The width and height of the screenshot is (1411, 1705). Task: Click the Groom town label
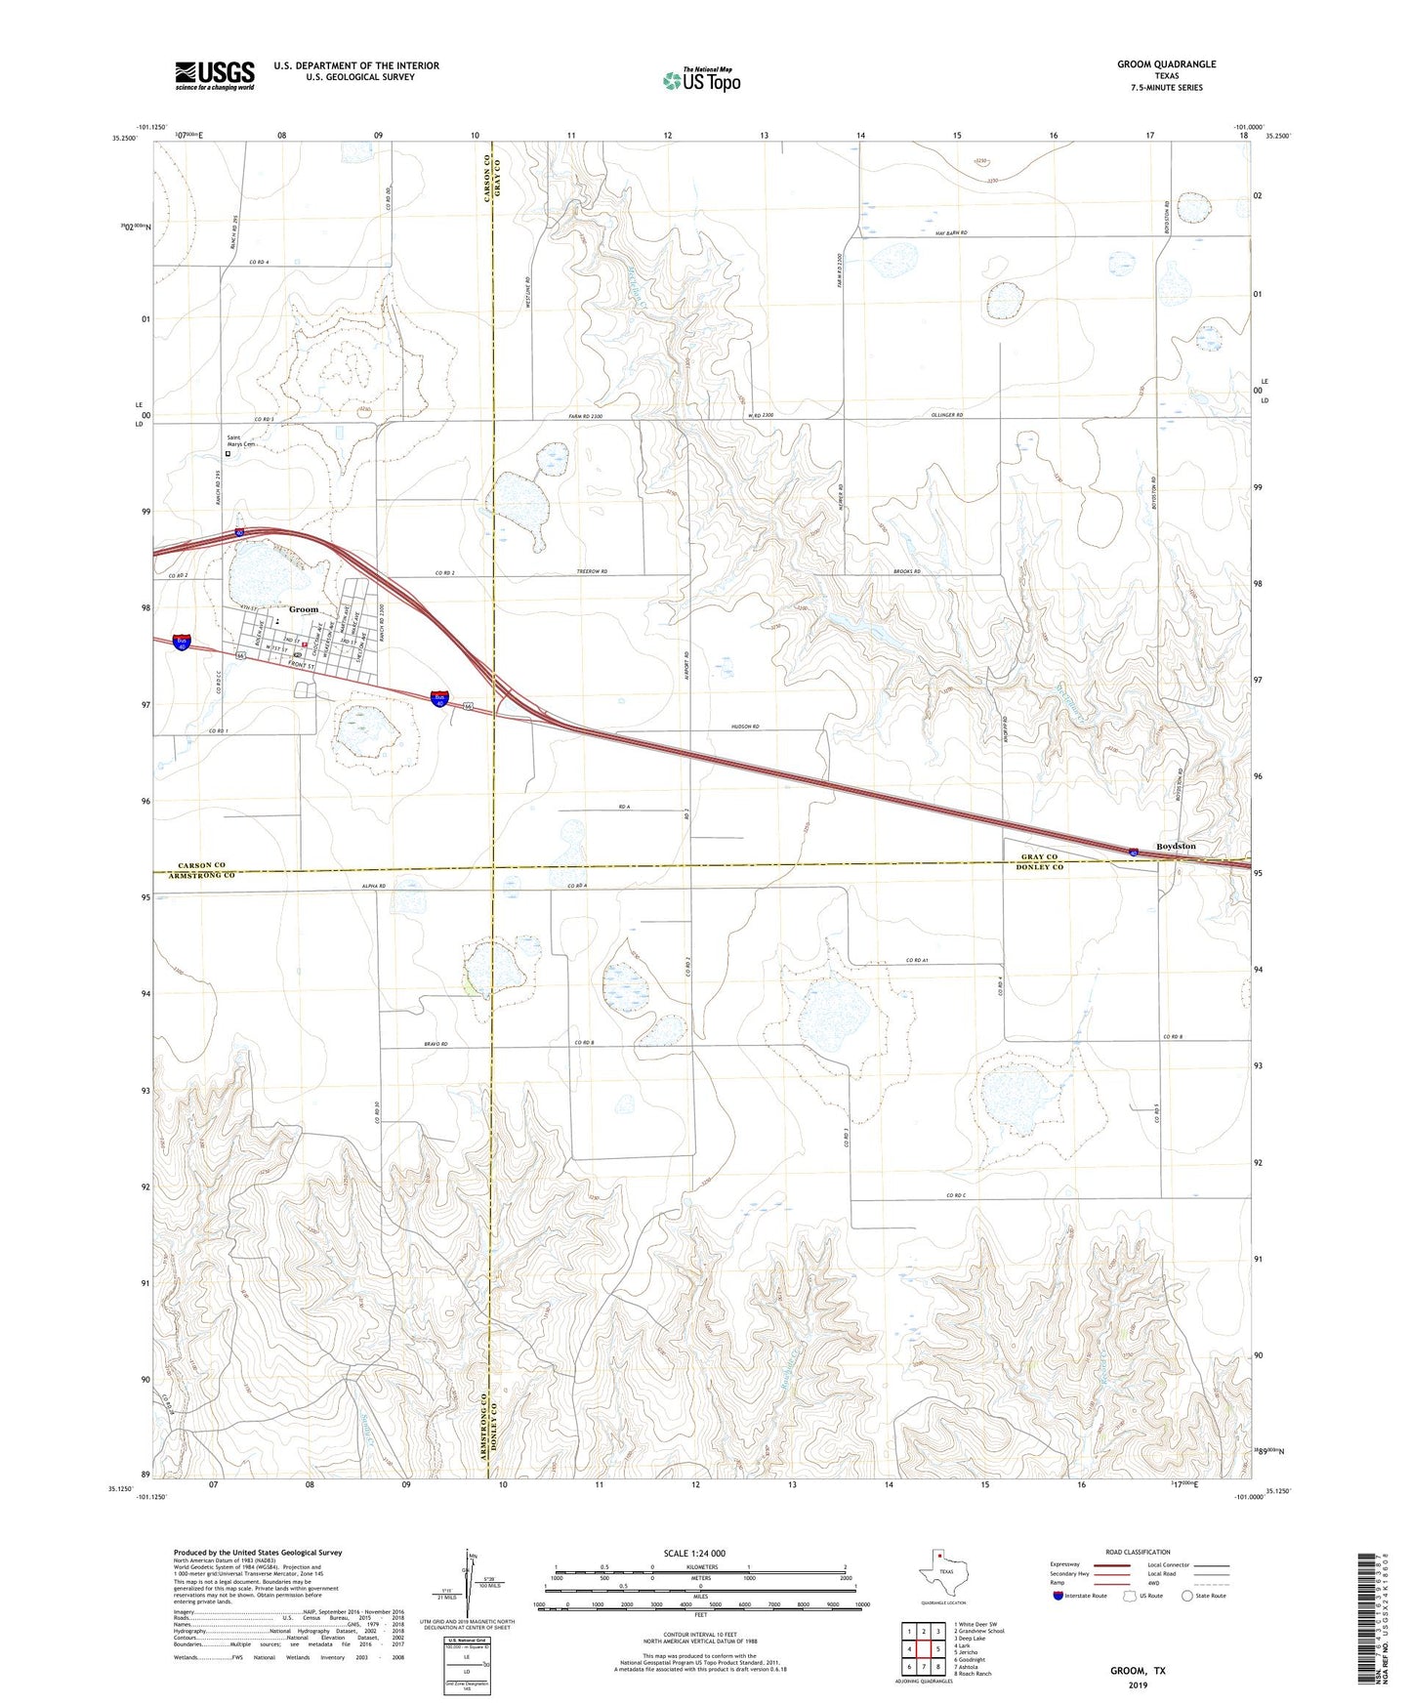pyautogui.click(x=304, y=609)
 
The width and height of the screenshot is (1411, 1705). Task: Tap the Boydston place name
pyautogui.click(x=1176, y=846)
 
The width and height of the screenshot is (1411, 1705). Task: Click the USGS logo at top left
pyautogui.click(x=215, y=75)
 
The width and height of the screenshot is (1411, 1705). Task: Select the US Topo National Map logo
pyautogui.click(x=700, y=79)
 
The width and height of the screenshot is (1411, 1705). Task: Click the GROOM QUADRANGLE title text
pyautogui.click(x=1167, y=64)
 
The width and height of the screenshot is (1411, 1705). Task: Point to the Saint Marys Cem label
pyautogui.click(x=240, y=440)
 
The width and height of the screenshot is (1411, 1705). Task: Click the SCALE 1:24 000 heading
pyautogui.click(x=694, y=1553)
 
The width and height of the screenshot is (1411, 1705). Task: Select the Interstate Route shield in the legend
pyautogui.click(x=1058, y=1596)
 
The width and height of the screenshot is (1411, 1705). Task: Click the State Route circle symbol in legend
pyautogui.click(x=1187, y=1596)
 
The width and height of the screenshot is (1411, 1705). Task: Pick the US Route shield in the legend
pyautogui.click(x=1129, y=1596)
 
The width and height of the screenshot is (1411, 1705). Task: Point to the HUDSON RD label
pyautogui.click(x=745, y=728)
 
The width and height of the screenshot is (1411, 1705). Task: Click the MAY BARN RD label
pyautogui.click(x=950, y=233)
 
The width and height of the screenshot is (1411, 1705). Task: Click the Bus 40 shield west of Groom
pyautogui.click(x=182, y=642)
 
